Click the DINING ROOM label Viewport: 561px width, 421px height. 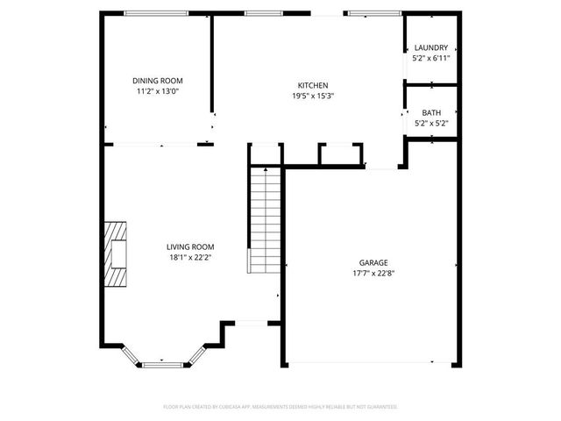158,81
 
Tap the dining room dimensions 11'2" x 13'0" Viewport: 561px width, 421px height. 158,91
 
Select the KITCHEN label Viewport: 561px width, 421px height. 313,86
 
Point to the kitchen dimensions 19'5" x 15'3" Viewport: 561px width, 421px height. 313,96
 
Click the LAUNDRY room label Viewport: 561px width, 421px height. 431,48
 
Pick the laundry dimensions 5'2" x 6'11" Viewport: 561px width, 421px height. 431,59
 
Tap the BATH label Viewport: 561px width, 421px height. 431,113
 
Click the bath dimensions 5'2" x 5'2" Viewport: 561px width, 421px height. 431,124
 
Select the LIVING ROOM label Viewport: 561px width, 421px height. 190,247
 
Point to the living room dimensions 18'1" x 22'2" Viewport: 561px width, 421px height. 190,258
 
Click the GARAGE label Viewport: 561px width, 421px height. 373,262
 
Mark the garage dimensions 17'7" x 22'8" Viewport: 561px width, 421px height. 373,273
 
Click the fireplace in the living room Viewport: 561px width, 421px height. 115,254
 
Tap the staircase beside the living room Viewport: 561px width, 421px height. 264,219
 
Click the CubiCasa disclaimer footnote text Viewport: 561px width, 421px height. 280,407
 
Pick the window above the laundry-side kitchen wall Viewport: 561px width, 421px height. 374,13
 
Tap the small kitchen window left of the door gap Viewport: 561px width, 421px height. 257,13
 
